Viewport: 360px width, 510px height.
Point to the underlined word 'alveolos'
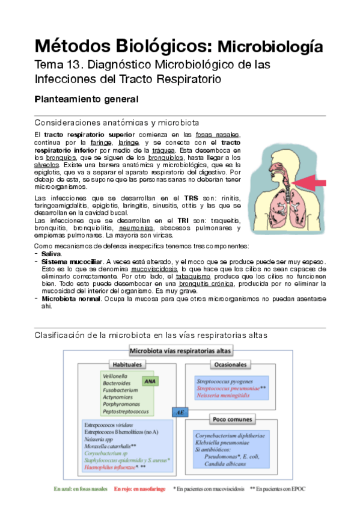pyautogui.click(x=46, y=163)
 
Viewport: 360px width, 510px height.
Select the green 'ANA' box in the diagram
pyautogui.click(x=148, y=381)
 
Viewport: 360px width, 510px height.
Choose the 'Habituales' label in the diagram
pyautogui.click(x=128, y=364)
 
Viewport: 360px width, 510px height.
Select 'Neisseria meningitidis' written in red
pyautogui.click(x=227, y=396)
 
